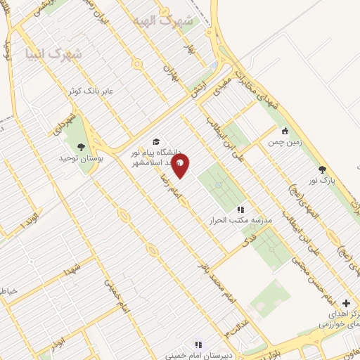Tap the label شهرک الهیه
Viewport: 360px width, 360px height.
(178, 20)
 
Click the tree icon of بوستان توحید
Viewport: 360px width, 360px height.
(81, 147)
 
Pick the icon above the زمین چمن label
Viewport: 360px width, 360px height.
(285, 130)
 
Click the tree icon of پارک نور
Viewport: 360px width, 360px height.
(322, 169)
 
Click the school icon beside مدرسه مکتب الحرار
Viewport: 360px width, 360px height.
(240, 210)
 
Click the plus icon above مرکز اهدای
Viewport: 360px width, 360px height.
(345, 302)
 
